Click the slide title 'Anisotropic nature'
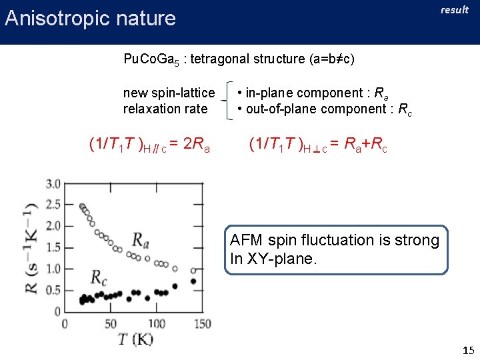90,18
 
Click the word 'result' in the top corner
455,10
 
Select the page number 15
467,350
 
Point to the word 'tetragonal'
219,59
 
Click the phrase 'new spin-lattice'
169,93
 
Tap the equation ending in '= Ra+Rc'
317,144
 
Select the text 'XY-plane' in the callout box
280,259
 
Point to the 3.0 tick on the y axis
53,183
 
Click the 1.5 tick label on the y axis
53,247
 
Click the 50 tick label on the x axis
111,323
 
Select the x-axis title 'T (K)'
135,339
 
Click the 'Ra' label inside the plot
141,239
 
